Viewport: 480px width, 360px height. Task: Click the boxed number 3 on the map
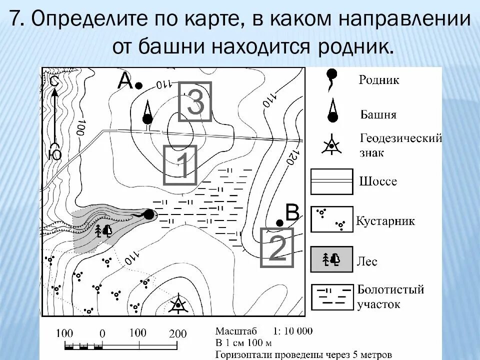(195, 101)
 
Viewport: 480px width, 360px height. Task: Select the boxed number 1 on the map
(180, 165)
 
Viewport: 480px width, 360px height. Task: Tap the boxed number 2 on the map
(277, 247)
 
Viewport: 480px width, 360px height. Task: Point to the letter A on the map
(124, 81)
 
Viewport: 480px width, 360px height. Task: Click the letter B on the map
(291, 213)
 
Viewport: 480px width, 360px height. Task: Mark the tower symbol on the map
(147, 113)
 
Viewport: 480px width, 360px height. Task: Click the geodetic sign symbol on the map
(178, 304)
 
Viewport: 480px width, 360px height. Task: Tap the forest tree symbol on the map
(103, 230)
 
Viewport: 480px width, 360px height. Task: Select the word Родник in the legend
(378, 80)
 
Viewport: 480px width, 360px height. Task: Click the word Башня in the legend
(378, 115)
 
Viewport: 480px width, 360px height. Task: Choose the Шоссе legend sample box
(332, 181)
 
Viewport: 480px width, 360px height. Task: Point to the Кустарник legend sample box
(332, 219)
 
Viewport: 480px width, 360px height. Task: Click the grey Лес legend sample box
(332, 259)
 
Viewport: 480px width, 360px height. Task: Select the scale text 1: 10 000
(292, 331)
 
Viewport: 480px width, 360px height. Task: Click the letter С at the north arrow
(54, 81)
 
